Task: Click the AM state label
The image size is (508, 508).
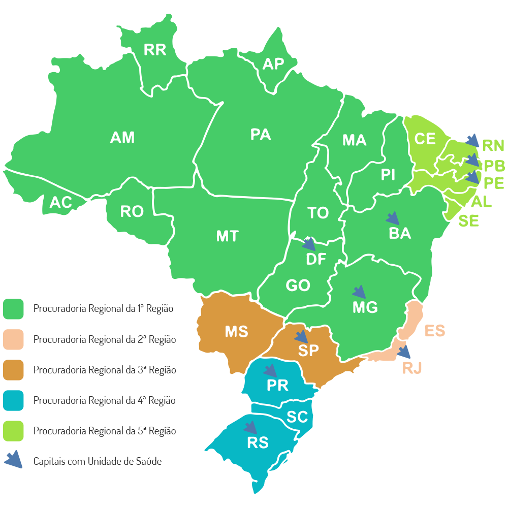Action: (x=122, y=137)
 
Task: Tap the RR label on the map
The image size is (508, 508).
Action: (x=155, y=50)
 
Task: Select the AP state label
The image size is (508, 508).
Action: (x=273, y=64)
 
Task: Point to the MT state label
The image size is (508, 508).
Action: (x=227, y=236)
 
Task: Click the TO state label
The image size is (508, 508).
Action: (x=318, y=213)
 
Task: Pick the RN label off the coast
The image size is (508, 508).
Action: (x=493, y=146)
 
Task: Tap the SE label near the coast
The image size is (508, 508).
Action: (x=468, y=221)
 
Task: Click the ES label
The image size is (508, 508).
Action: (x=435, y=331)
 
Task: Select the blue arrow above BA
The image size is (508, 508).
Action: (x=392, y=218)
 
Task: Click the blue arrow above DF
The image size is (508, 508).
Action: (x=308, y=244)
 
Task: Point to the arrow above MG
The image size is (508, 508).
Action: (x=359, y=292)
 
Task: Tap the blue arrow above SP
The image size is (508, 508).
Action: (x=301, y=336)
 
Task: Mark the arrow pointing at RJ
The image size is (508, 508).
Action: (x=404, y=351)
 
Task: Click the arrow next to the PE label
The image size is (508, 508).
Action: (x=472, y=177)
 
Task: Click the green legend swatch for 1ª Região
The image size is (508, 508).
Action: (x=14, y=309)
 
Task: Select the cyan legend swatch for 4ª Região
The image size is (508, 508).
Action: (x=14, y=400)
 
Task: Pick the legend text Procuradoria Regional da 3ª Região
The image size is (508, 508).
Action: (x=105, y=370)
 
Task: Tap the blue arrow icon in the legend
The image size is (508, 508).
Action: (x=14, y=460)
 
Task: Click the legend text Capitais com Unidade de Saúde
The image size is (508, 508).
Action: (x=98, y=461)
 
